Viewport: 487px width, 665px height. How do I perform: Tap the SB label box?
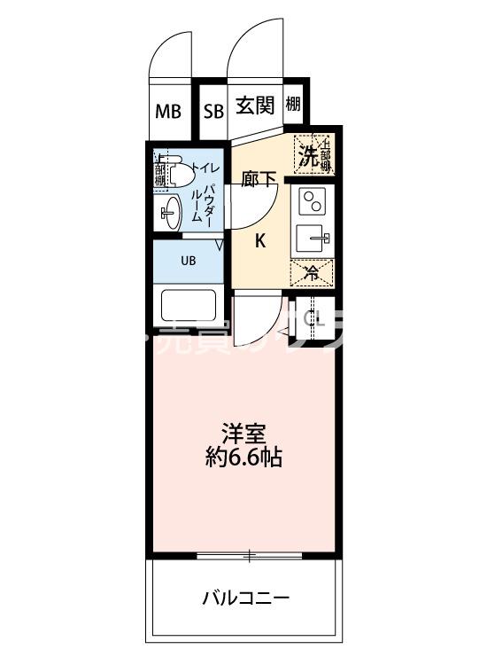point(213,112)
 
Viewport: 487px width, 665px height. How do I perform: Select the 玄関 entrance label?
point(255,106)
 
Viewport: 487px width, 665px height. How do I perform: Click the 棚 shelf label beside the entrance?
point(293,105)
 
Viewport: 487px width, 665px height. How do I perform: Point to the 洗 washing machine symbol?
point(308,156)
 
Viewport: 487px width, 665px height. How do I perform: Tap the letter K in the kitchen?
point(261,239)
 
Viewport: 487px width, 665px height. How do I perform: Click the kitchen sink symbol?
point(313,237)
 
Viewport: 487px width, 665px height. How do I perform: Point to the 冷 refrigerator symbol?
point(312,274)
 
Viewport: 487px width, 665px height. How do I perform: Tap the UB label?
point(189,261)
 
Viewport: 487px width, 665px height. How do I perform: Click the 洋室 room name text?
point(244,435)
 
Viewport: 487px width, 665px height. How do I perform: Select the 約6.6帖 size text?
point(244,459)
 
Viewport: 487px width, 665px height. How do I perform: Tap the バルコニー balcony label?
point(244,597)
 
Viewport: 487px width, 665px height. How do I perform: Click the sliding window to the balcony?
point(250,556)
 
